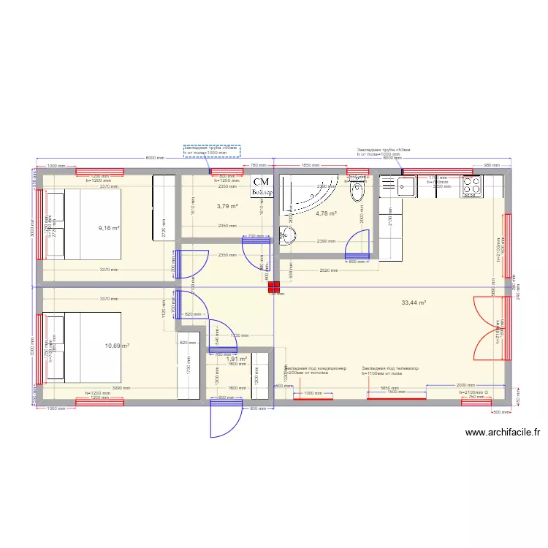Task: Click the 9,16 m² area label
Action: (108, 228)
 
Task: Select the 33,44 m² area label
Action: (414, 302)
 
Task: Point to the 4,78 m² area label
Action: (326, 213)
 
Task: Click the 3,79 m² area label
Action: (227, 206)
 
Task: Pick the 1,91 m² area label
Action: (237, 359)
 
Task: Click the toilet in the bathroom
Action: (357, 193)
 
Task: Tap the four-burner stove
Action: (471, 186)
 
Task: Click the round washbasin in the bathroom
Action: (288, 236)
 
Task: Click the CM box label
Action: (262, 181)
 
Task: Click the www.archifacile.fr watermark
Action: (503, 432)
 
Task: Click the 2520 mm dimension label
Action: (328, 270)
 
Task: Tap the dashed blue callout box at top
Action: (212, 150)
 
